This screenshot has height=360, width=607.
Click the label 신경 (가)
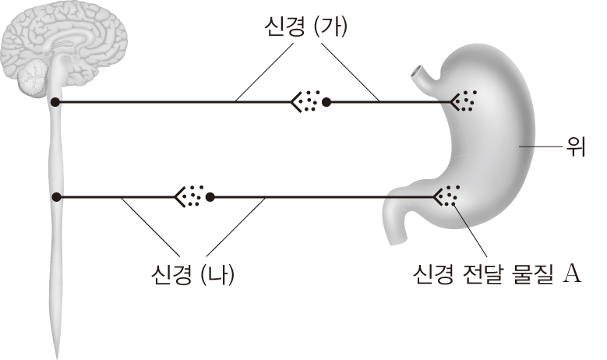[305, 27]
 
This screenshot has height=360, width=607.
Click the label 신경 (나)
[193, 274]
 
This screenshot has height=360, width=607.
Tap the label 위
[575, 146]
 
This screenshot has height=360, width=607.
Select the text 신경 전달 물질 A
[497, 274]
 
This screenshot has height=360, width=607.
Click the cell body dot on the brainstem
[56, 102]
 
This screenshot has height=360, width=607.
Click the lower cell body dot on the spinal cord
[57, 197]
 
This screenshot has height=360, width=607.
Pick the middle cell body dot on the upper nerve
[326, 102]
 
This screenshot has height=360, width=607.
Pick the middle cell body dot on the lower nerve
[210, 197]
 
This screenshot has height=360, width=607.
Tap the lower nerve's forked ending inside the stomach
[439, 197]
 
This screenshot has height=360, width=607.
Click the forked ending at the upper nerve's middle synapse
[296, 102]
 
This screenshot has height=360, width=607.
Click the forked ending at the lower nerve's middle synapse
[179, 197]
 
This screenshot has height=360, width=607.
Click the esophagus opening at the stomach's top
[418, 72]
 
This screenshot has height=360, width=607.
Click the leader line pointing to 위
[540, 146]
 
